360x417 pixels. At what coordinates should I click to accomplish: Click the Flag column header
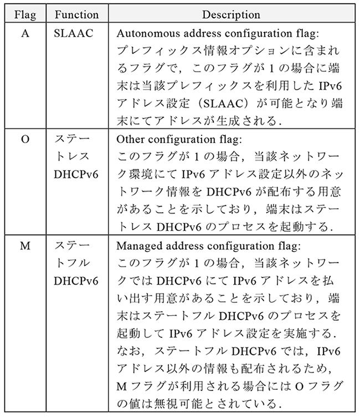coord(25,14)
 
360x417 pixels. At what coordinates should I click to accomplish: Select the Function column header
coord(76,14)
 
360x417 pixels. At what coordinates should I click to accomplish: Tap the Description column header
coord(232,14)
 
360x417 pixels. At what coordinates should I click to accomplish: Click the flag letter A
coord(25,34)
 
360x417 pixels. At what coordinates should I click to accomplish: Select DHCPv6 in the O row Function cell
coord(76,174)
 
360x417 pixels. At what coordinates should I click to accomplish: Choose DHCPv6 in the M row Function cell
coord(76,281)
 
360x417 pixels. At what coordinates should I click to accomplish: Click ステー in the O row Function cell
coord(72,139)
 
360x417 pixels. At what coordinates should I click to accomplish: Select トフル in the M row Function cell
coord(72,262)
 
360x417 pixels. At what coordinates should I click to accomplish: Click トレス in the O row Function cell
coord(72,156)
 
